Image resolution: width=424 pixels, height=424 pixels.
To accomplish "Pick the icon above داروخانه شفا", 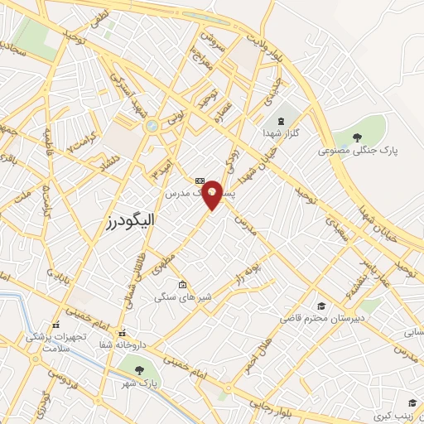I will click(121, 333).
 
